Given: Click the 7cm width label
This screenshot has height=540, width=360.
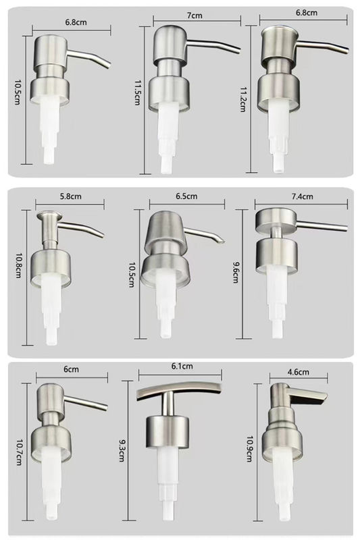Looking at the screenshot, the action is click(x=195, y=16).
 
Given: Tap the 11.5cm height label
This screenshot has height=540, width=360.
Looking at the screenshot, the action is click(x=136, y=92).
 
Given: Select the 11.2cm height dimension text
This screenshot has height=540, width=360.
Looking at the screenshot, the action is click(x=242, y=99).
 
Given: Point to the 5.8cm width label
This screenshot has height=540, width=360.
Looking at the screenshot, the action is click(x=71, y=196).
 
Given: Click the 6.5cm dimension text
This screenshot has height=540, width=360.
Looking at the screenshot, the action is click(x=186, y=196).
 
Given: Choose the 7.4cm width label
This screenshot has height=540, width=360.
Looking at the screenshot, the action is click(x=302, y=196).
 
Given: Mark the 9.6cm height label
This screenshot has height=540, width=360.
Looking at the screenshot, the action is click(x=235, y=272).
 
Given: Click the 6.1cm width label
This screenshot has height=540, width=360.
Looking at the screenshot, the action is click(x=182, y=366).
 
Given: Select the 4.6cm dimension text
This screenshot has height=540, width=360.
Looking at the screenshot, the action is click(x=298, y=372).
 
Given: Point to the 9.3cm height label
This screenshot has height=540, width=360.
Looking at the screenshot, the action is click(x=121, y=450).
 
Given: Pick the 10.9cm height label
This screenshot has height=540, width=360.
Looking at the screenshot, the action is click(x=249, y=449).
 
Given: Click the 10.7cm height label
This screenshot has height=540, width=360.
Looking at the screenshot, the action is click(x=19, y=452).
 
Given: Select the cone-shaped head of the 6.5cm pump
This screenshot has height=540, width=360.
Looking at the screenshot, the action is click(x=165, y=230).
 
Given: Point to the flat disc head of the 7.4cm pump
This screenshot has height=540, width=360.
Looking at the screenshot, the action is click(x=276, y=219).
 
